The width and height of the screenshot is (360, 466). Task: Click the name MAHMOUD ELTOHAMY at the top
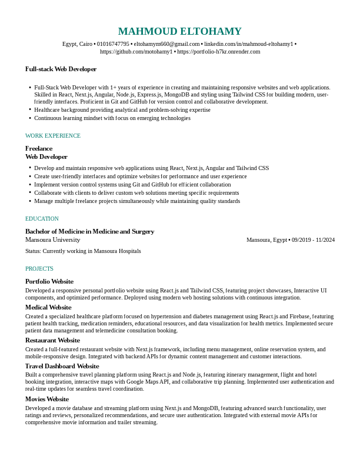coord(179,31)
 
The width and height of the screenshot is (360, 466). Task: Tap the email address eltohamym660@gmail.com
coord(166,44)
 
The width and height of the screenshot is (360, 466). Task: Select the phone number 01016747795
coord(113,44)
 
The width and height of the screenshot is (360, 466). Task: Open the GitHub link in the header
coord(136,52)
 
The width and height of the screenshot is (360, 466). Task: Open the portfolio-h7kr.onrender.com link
coord(218,52)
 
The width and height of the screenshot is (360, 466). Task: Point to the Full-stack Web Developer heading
coord(61,69)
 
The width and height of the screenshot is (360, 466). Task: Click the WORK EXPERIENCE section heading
coord(53,136)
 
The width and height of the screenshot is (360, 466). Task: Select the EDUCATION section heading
coord(42,219)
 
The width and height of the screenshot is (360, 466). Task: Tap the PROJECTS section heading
coord(39,269)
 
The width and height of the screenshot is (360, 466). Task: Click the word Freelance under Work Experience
coord(39,148)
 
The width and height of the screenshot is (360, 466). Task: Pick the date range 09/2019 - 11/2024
coord(313,240)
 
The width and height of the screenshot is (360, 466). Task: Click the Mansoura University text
coord(52,240)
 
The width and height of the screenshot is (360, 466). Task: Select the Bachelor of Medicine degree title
coord(89,232)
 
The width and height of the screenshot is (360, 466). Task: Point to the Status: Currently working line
coord(83,251)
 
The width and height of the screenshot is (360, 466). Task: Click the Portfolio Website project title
coord(49,281)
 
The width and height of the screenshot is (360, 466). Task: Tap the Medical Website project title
coord(48,307)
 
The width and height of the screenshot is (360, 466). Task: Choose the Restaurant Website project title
coord(52,340)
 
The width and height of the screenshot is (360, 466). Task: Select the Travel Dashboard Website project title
coord(62,366)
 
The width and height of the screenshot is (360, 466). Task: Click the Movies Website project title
coord(47,399)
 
